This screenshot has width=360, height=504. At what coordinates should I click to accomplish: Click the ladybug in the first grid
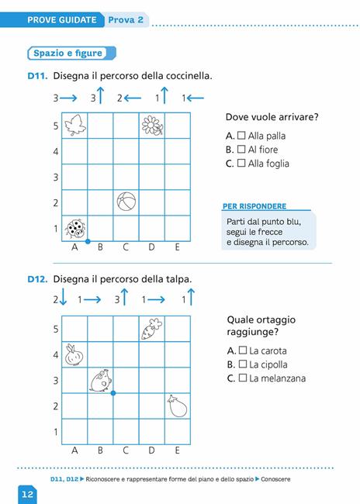pos(75,228)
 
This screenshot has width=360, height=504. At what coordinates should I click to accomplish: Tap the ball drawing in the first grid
pos(126,202)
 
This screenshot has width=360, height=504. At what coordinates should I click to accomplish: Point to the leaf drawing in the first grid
pos(75,125)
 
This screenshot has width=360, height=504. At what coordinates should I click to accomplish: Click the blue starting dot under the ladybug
pos(87,240)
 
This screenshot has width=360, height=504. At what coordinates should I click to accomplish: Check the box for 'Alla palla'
pos(241,136)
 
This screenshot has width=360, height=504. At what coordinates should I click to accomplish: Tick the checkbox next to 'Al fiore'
pos(241,150)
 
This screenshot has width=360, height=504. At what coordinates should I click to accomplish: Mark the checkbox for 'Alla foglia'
pos(241,164)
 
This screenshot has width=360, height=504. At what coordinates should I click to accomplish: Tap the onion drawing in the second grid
pos(74,354)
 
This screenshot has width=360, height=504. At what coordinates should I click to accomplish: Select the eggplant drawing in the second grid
pos(176,406)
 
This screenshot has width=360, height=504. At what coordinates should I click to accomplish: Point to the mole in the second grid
pos(100,380)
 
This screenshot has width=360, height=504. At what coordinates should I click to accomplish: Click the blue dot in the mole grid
pos(113,393)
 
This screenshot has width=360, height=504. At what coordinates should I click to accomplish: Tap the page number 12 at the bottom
pos(26,493)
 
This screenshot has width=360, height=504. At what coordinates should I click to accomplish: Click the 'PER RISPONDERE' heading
pos(254,206)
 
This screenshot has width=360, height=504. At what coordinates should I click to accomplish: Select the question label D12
pos(37,279)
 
